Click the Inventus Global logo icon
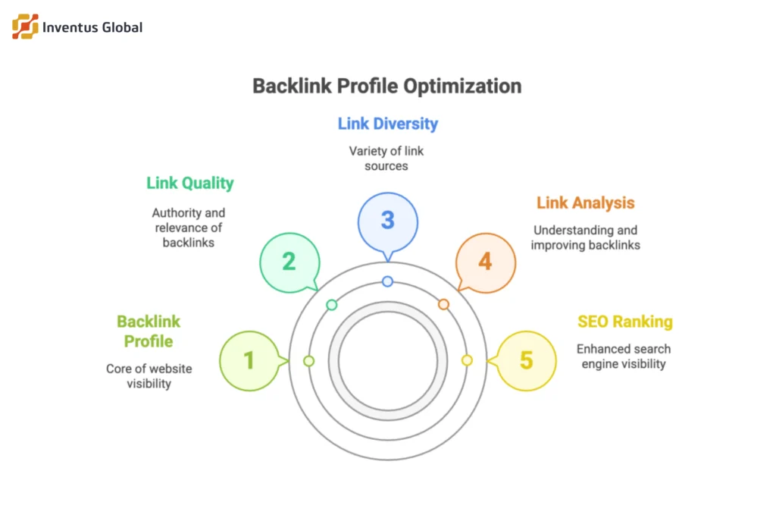tap(25, 27)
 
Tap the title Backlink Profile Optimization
tap(386, 86)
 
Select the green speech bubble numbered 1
tap(249, 361)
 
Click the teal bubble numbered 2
tap(289, 262)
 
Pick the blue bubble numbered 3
tap(387, 221)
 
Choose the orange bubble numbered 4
tap(485, 262)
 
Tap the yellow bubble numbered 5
tap(526, 361)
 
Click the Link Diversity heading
tap(387, 123)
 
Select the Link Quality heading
tap(189, 183)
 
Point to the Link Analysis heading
tap(585, 202)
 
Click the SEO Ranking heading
tap(624, 322)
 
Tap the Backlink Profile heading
tap(149, 331)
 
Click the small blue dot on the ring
tap(387, 281)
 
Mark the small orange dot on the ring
tap(443, 304)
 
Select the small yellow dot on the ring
tap(467, 361)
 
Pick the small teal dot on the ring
tap(331, 304)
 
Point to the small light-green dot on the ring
tap(308, 361)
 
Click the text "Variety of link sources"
tap(386, 158)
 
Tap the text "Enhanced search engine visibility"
tap(623, 356)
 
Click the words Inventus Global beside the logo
tap(93, 28)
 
